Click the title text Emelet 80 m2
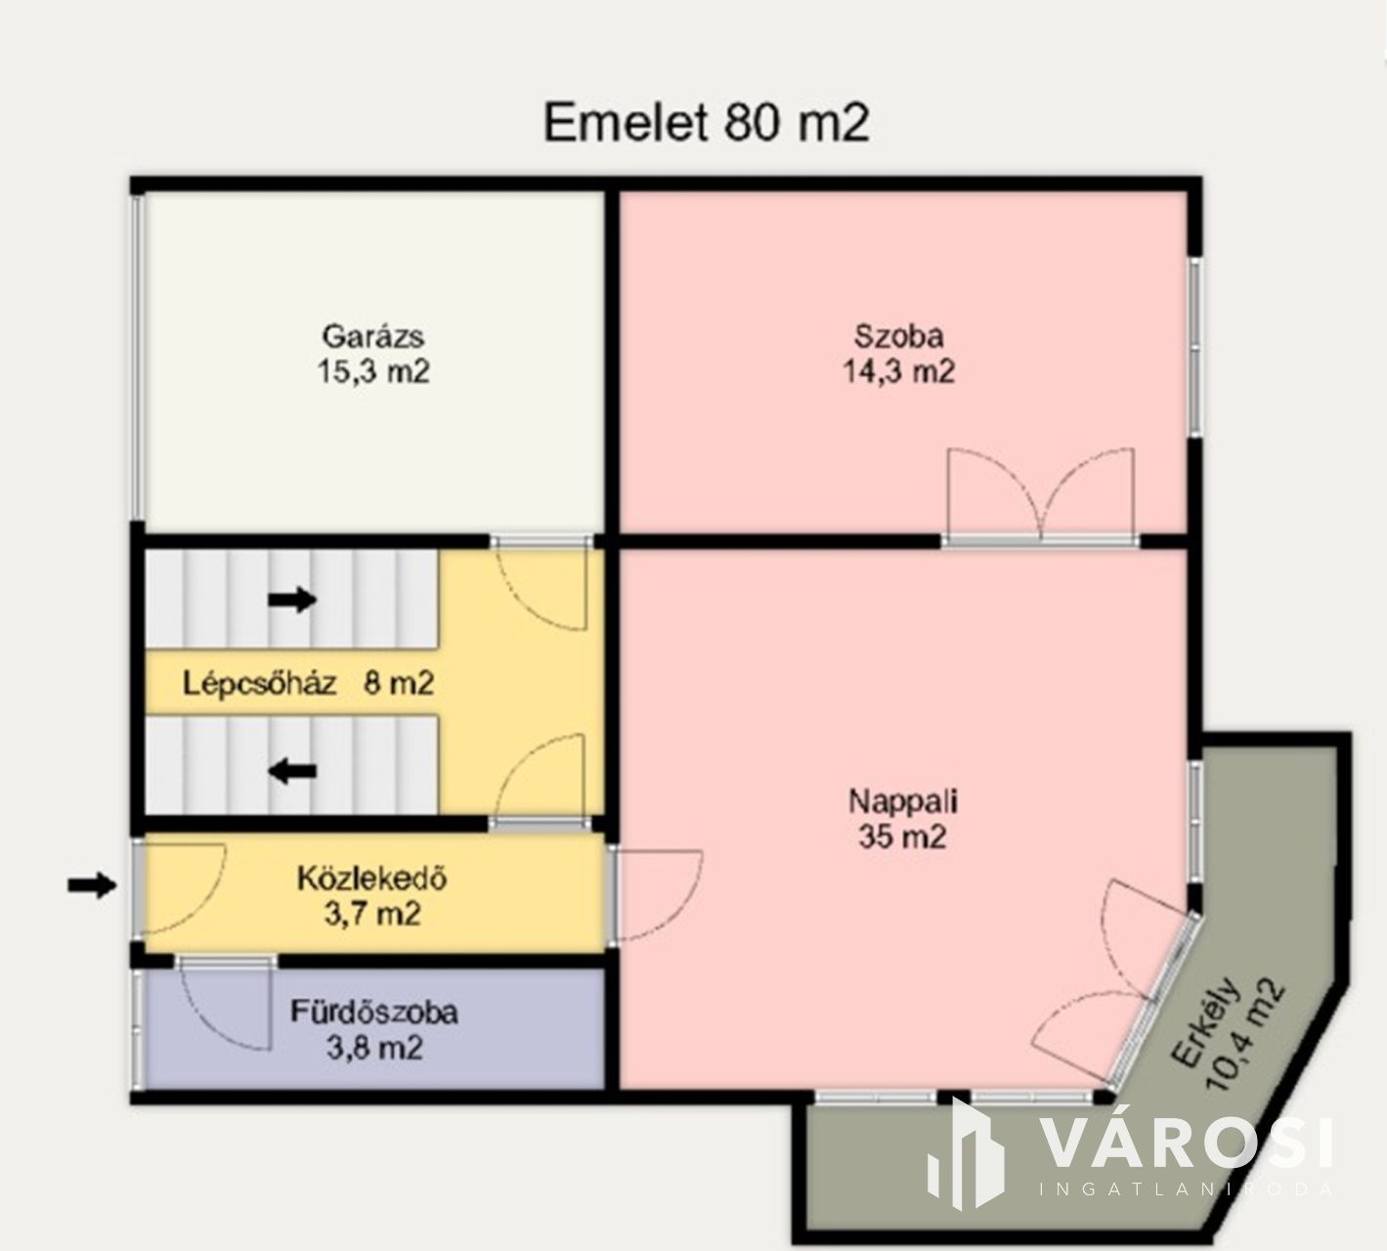(x=706, y=122)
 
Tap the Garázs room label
(x=372, y=336)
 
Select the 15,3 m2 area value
(x=373, y=371)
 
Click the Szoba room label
(x=898, y=336)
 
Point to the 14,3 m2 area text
(x=898, y=371)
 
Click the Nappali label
(x=902, y=801)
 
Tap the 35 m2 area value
(x=902, y=837)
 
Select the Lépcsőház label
(x=259, y=683)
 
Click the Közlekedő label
(x=372, y=879)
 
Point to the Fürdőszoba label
(x=374, y=1013)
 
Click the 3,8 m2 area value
(x=374, y=1048)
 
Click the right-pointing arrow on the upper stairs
(x=292, y=599)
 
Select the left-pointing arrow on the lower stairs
(x=292, y=770)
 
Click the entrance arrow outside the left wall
(x=92, y=884)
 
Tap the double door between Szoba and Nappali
(x=1041, y=496)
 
